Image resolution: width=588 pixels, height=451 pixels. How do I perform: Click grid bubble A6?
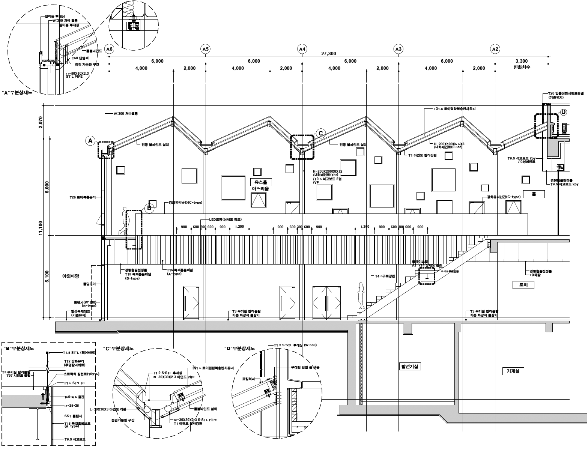(x=109, y=49)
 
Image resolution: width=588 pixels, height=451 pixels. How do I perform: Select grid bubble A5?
(x=205, y=49)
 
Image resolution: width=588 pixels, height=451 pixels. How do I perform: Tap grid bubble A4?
(x=302, y=49)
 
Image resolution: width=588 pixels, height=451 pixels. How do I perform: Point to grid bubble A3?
(x=399, y=49)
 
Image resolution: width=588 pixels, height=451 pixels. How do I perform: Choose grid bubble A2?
(x=495, y=49)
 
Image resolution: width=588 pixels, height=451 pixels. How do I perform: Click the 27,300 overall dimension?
(x=328, y=54)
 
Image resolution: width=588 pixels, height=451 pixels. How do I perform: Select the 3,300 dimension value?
(x=522, y=61)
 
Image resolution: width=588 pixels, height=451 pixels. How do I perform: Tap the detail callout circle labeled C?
(x=320, y=133)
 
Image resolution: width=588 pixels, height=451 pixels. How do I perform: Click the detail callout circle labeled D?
(x=563, y=112)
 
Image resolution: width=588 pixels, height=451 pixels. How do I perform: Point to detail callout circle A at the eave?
(x=90, y=141)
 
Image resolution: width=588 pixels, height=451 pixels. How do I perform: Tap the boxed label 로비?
(x=523, y=285)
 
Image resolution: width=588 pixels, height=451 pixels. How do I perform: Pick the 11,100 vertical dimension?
(x=41, y=229)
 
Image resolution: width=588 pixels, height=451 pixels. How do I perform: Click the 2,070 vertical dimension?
(x=41, y=123)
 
